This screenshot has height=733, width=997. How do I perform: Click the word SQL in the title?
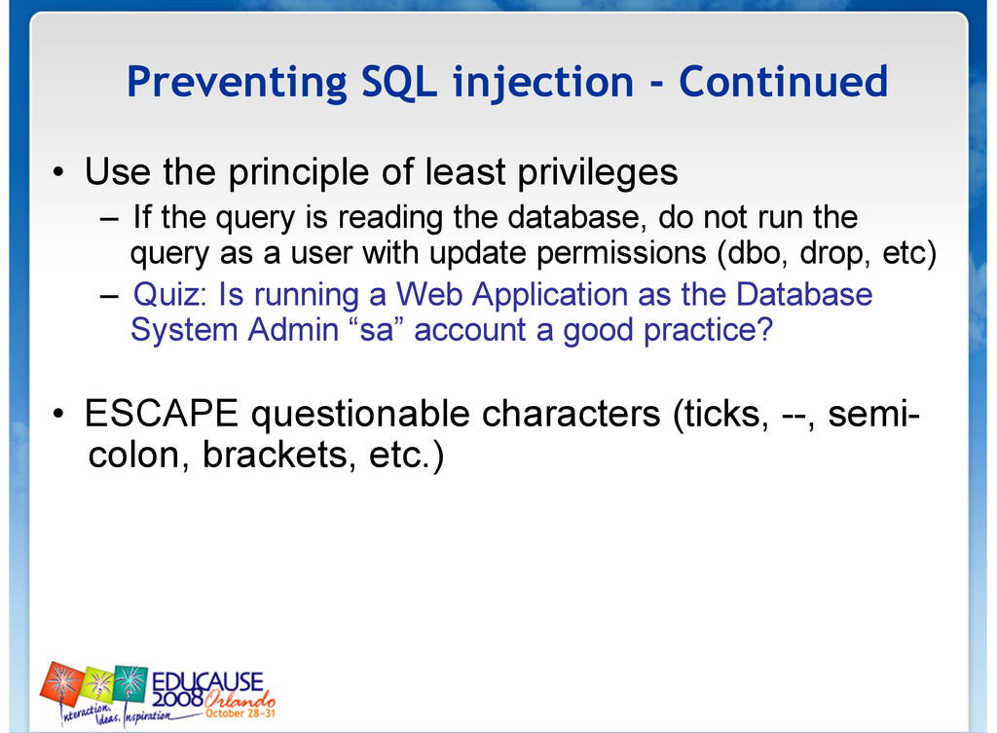coord(398,82)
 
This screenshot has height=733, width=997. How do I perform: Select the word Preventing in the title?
coord(237,84)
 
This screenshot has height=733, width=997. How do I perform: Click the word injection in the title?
coord(543,83)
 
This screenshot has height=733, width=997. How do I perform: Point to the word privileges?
coord(598,172)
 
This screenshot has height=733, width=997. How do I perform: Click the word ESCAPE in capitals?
coord(162,414)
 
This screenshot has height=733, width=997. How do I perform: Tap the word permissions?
coord(621,254)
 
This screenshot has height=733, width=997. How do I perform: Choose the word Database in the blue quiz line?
coord(804,294)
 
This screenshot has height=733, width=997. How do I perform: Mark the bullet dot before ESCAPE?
coord(58,414)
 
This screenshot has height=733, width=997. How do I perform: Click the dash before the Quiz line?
coord(109,296)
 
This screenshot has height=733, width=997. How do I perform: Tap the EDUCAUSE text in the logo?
coord(207,682)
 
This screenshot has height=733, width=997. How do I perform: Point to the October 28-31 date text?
coord(240,714)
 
